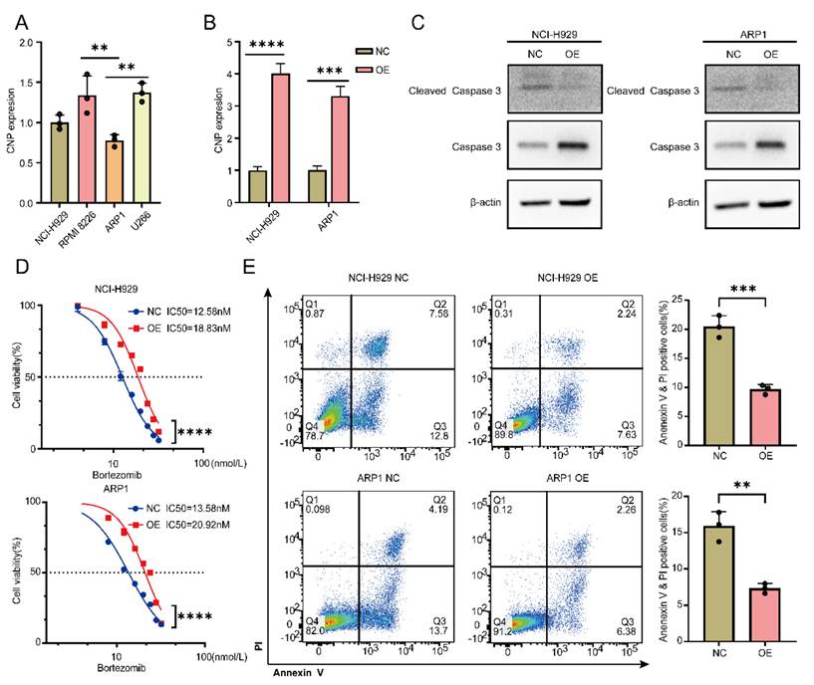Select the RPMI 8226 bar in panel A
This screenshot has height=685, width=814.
(x=89, y=149)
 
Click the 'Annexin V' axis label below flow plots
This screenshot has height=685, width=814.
(x=303, y=672)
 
